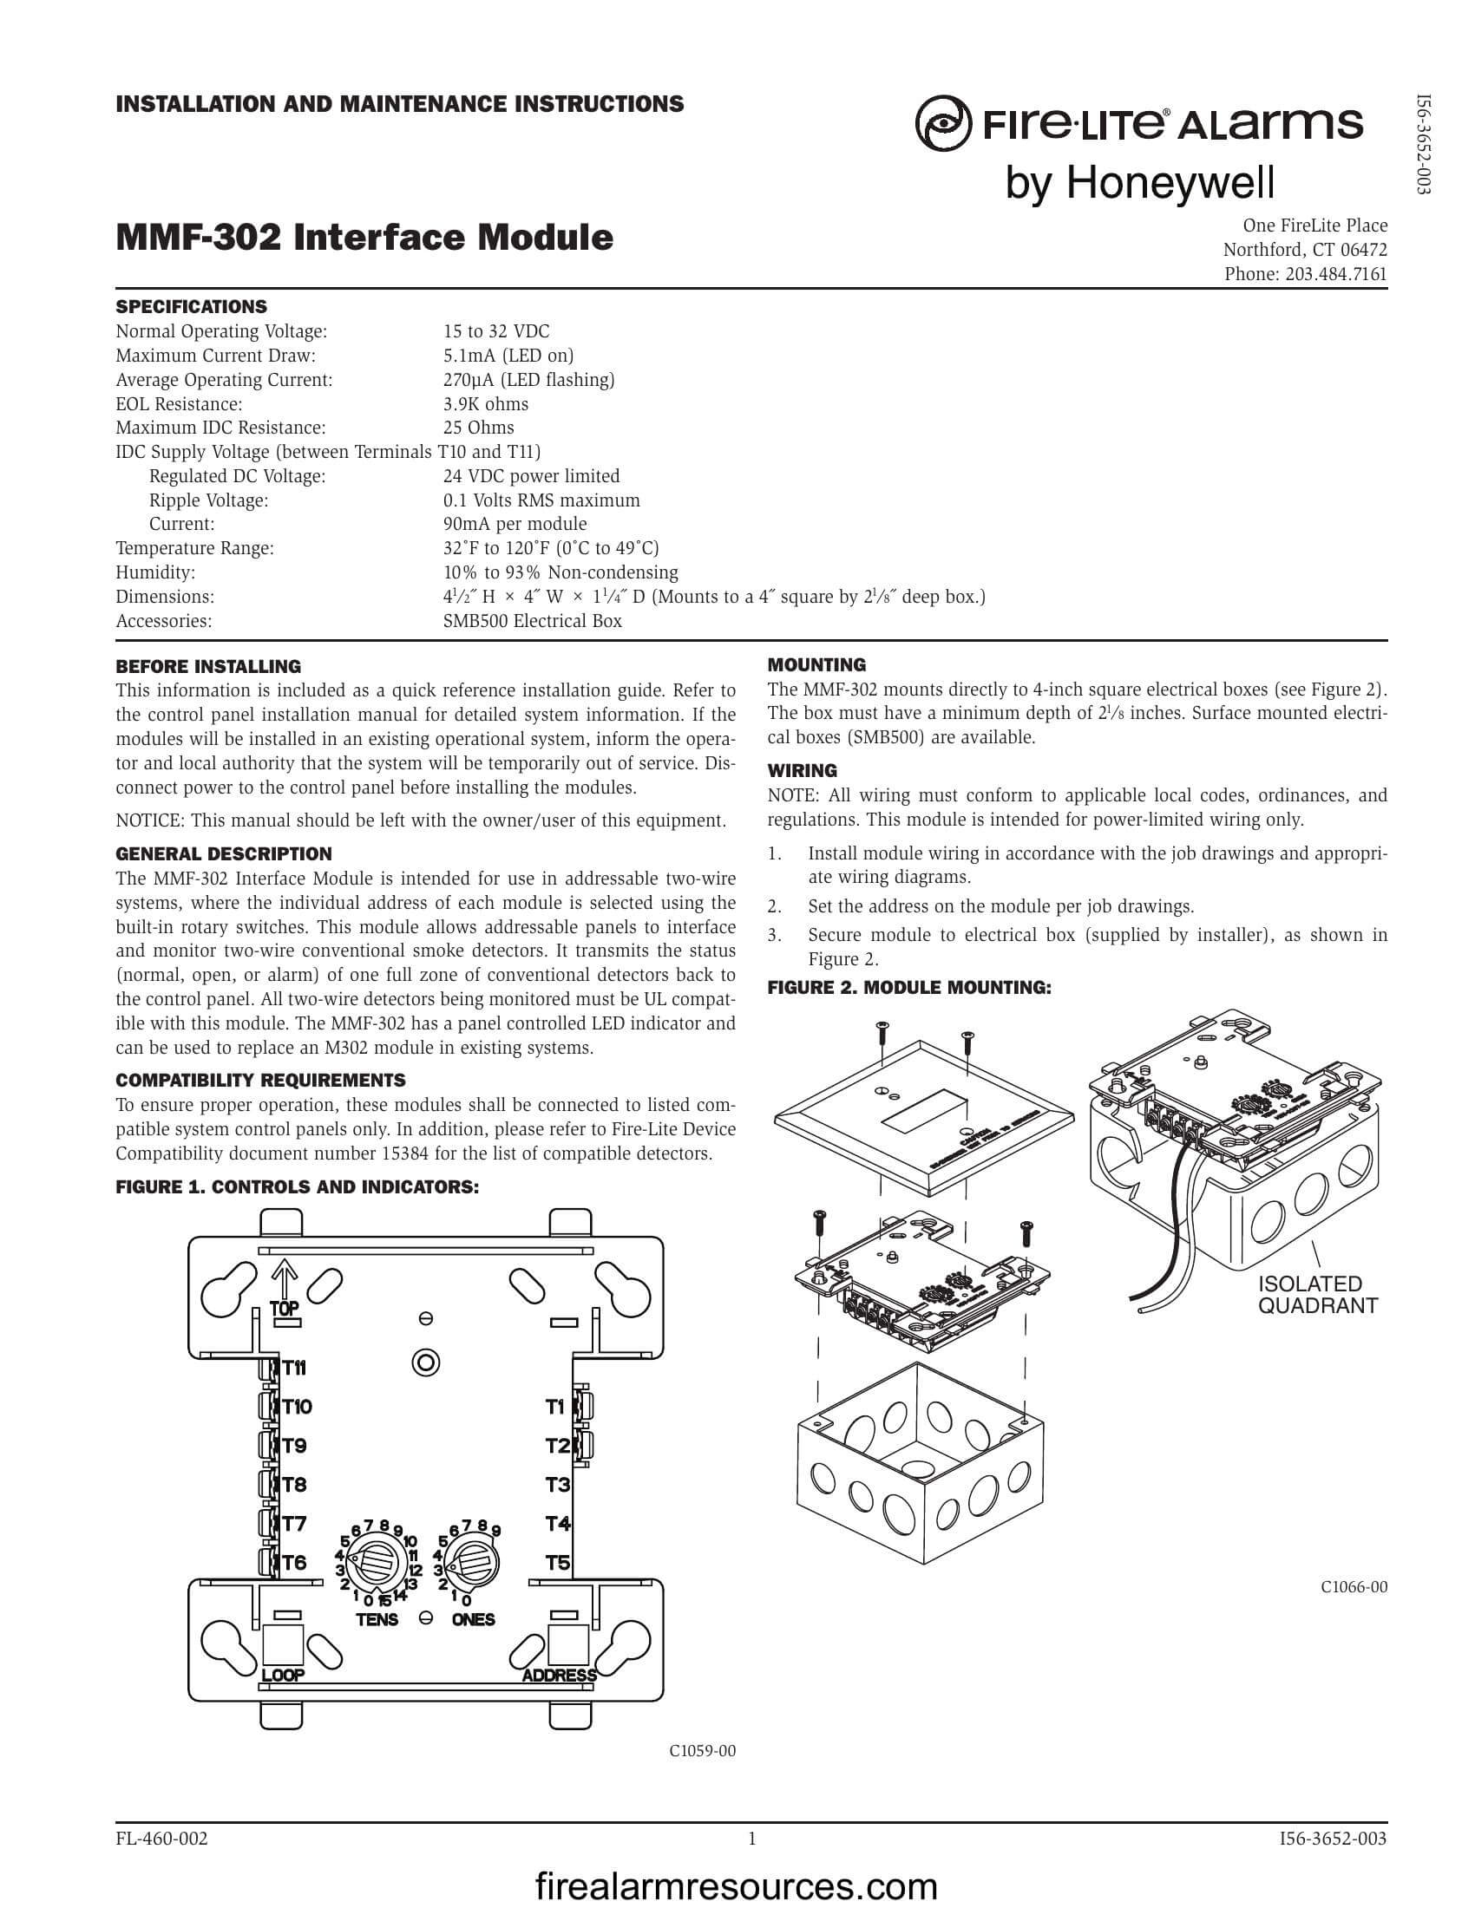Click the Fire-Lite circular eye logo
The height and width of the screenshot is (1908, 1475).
coord(943,125)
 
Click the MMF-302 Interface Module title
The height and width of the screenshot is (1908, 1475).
coord(364,238)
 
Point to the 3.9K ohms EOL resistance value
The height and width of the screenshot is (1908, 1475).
coord(485,403)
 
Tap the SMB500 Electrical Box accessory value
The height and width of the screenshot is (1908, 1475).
coord(532,621)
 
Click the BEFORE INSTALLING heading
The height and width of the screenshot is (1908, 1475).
coord(208,667)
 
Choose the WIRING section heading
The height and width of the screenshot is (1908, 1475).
coord(802,770)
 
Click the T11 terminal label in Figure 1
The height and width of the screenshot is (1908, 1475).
coord(293,1368)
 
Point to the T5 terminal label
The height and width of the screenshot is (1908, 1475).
coord(558,1562)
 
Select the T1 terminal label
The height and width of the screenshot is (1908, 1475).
coord(556,1407)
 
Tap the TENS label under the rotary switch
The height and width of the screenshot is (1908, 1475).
coord(377,1620)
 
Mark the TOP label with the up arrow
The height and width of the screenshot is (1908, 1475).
coord(285,1308)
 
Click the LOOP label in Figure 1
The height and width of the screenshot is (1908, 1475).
coord(283,1676)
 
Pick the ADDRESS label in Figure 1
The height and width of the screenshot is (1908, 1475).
coord(560,1676)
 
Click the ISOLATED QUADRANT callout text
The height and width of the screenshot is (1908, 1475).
coord(1317,1295)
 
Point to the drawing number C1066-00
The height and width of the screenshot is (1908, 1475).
coord(1354,1587)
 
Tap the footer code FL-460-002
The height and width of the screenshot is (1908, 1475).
coord(161,1839)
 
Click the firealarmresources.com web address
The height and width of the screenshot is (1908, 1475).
coord(736,1886)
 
